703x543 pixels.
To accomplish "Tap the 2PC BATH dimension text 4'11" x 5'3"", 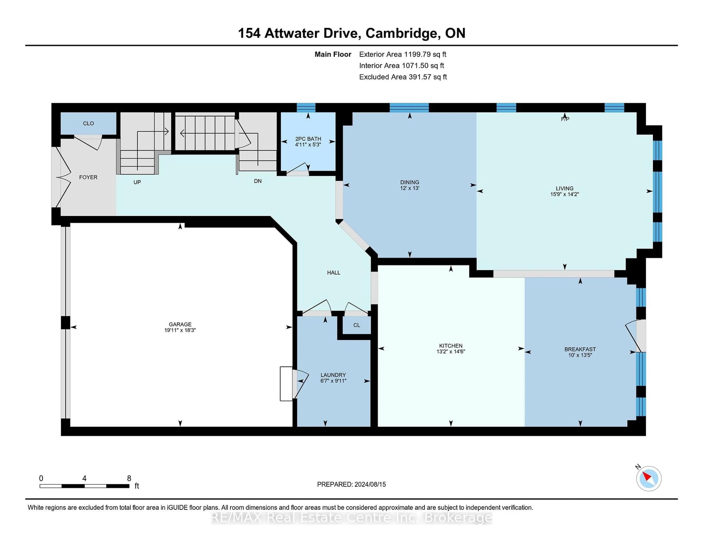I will pyautogui.click(x=308, y=145).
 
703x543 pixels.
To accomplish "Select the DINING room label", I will pyautogui.click(x=409, y=182).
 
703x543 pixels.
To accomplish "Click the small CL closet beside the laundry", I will pyautogui.click(x=356, y=325).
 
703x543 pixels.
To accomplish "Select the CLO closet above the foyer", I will pyautogui.click(x=88, y=123).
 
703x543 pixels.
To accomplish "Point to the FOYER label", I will pyautogui.click(x=88, y=177).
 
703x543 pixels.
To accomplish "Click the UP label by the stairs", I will pyautogui.click(x=137, y=182).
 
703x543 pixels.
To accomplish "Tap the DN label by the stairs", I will pyautogui.click(x=258, y=181).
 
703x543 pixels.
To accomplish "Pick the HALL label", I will pyautogui.click(x=334, y=272).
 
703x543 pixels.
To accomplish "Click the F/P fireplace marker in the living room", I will pyautogui.click(x=565, y=119).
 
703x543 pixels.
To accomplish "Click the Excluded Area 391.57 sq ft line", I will pyautogui.click(x=403, y=77).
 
